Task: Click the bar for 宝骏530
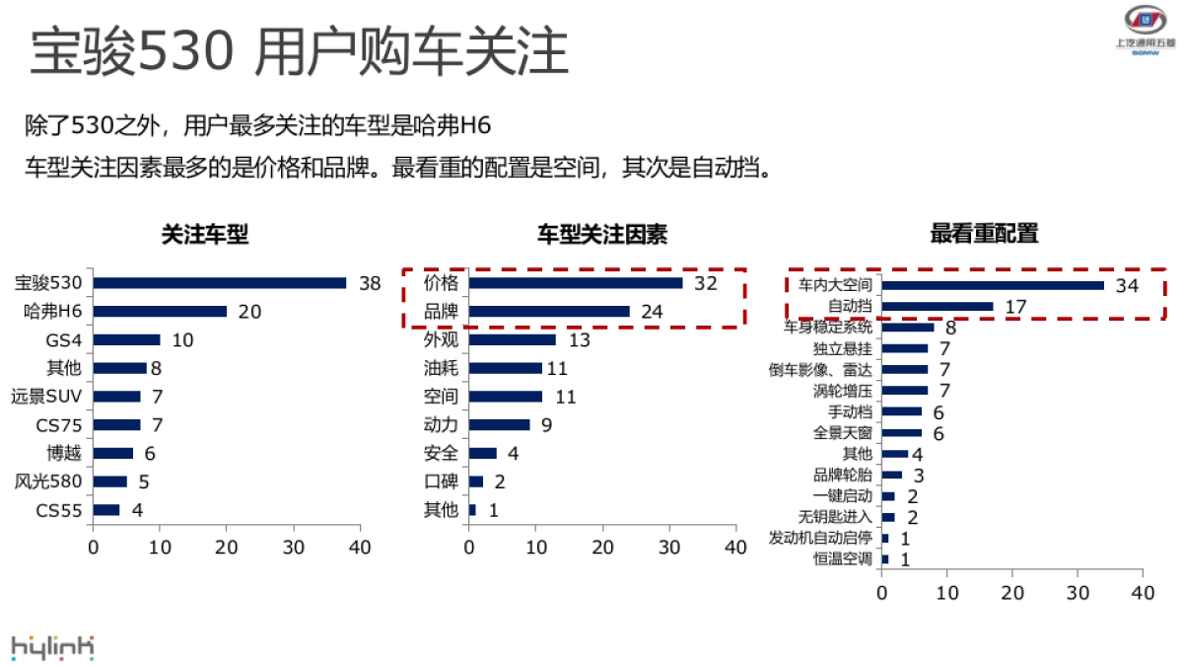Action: point(220,283)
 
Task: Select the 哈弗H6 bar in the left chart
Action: point(160,312)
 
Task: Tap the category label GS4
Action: point(64,340)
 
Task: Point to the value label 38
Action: point(370,283)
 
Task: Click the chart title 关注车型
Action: point(205,235)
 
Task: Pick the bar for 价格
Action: point(576,283)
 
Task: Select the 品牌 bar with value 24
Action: point(549,312)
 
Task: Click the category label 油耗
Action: point(441,368)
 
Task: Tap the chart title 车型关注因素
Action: point(601,235)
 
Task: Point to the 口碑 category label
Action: point(441,481)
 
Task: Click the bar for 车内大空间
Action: point(993,285)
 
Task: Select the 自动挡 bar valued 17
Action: point(938,306)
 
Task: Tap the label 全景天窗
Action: point(842,433)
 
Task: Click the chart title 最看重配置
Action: point(984,235)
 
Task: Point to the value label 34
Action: point(1127,285)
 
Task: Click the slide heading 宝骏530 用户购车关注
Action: point(299,52)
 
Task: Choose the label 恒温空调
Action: point(842,559)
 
